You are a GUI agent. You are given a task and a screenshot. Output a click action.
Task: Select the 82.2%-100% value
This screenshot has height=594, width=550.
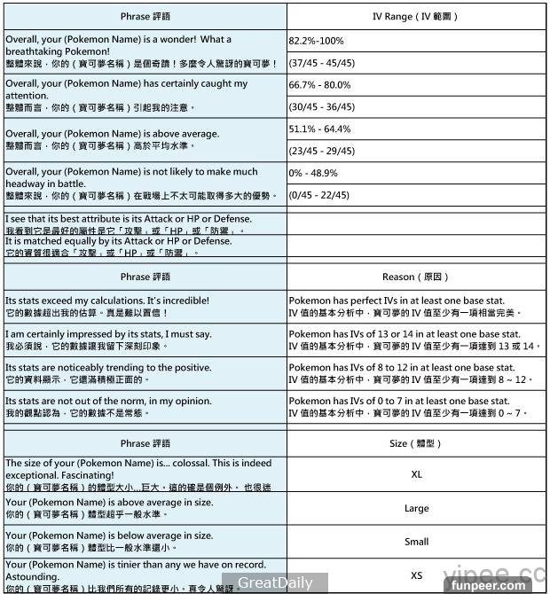point(317,41)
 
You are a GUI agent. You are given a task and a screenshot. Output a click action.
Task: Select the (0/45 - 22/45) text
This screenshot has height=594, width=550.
point(319,196)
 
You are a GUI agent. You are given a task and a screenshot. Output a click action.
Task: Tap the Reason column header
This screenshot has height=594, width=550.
point(415,277)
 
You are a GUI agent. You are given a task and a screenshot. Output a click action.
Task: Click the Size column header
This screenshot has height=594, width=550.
point(415,443)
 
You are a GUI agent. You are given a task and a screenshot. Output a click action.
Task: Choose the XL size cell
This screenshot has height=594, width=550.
point(416,474)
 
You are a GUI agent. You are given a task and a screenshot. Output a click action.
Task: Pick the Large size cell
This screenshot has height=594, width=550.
point(416,508)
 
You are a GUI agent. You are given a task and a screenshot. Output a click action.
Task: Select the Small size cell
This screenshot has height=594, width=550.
point(416,542)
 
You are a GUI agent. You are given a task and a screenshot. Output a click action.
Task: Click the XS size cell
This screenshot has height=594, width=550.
point(416,575)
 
